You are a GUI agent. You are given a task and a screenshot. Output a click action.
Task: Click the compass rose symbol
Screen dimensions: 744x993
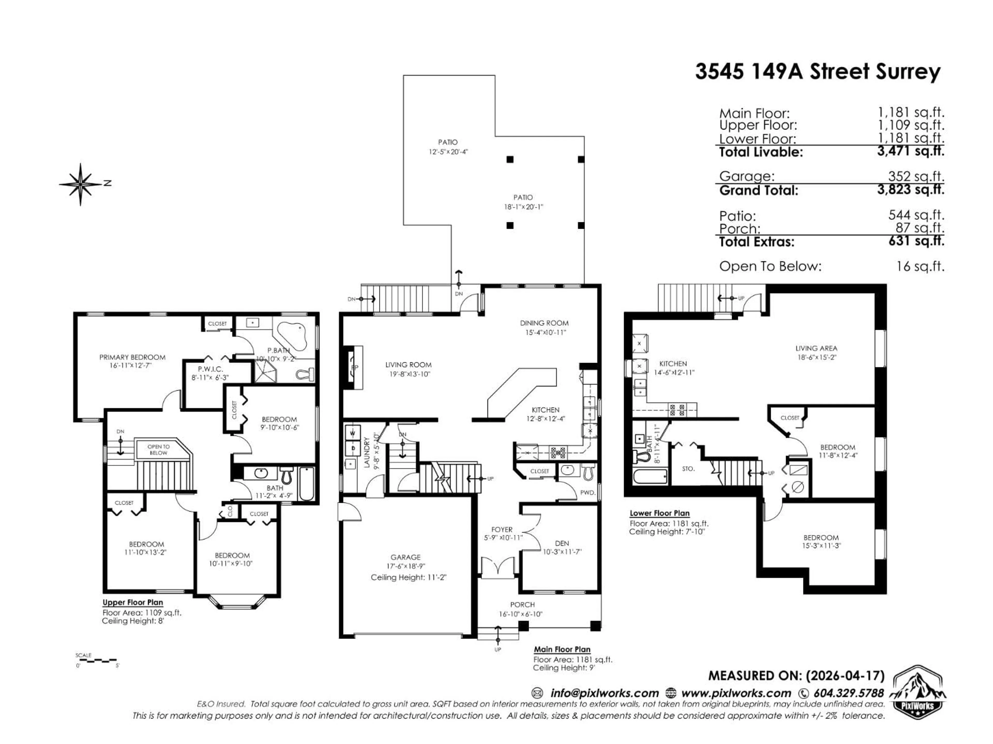coord(81,184)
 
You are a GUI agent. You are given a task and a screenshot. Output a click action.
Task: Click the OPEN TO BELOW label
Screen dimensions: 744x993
coord(159,449)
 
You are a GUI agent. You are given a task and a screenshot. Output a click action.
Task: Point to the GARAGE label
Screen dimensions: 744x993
coord(405,557)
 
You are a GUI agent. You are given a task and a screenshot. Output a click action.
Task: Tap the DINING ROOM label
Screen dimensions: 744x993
coord(544,323)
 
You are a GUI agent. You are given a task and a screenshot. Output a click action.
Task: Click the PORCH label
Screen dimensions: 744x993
coord(522,605)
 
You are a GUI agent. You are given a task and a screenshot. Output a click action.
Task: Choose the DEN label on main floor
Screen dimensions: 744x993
coord(562,543)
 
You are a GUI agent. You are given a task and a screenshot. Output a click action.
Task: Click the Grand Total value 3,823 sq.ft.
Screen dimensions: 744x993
coord(911,190)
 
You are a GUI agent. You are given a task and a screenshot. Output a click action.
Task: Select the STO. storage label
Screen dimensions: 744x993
coord(688,469)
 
